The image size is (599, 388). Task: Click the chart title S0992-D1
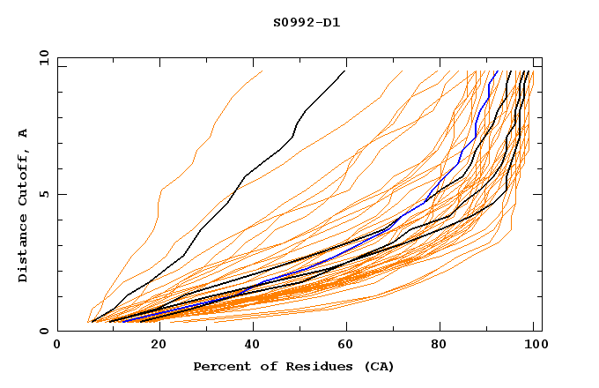pos(307,23)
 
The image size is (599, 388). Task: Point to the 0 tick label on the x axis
pos(58,347)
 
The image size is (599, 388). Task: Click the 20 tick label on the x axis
pos(153,347)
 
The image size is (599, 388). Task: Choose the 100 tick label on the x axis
pos(533,347)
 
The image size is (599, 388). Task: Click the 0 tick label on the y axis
pos(44,332)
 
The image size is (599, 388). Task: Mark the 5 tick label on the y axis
pos(44,194)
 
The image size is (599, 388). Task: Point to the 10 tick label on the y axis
pos(41,57)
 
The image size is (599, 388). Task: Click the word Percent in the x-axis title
pos(221,366)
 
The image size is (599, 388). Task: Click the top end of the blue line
pos(497,71)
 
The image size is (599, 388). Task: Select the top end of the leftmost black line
pos(345,71)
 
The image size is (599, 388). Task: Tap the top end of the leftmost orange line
pos(263,71)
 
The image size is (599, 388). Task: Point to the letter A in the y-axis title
pos(23,132)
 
